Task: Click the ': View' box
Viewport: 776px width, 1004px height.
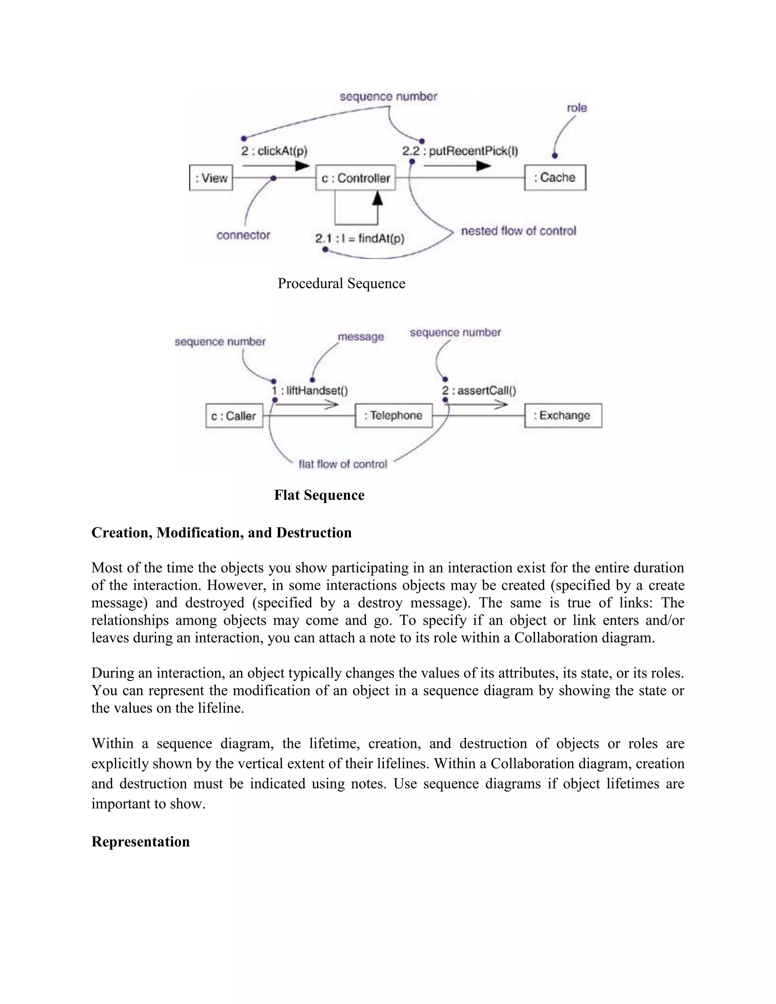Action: coord(211,178)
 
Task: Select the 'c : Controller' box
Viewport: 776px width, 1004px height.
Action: coord(355,178)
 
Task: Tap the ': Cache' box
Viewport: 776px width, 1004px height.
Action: coord(555,177)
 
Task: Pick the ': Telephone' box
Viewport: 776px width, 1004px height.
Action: coord(394,416)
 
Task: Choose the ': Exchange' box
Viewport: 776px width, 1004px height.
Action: coord(563,416)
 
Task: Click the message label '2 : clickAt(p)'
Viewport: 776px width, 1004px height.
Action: coord(274,151)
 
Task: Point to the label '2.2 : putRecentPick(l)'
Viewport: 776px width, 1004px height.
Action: coord(460,151)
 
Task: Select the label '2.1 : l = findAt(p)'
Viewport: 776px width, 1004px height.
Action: coord(360,239)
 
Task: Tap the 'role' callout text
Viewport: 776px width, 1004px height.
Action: coord(576,108)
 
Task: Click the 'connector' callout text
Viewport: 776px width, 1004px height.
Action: coord(243,235)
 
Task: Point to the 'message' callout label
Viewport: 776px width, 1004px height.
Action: coord(360,337)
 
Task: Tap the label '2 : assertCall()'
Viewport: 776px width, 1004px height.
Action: coord(479,391)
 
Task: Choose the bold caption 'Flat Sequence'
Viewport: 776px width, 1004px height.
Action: coord(319,495)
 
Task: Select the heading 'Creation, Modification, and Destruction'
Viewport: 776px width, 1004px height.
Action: coord(221,533)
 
